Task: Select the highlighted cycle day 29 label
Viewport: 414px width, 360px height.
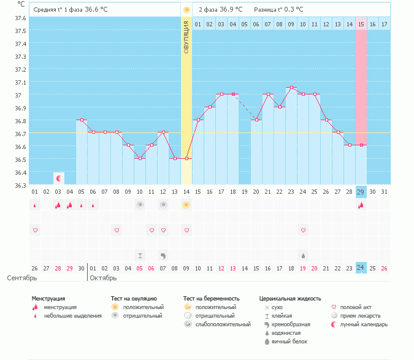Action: [361, 192]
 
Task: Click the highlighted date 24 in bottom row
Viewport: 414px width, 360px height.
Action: [361, 268]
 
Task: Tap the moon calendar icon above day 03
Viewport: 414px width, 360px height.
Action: [59, 178]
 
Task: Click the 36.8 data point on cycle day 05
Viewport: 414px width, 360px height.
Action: [82, 120]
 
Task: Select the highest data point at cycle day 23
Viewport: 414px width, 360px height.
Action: [291, 88]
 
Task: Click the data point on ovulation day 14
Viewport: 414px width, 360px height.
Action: [186, 159]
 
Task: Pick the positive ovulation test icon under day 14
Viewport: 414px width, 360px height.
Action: [186, 205]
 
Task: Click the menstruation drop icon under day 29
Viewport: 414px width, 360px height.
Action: [361, 205]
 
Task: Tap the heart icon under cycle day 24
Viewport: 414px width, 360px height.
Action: [302, 230]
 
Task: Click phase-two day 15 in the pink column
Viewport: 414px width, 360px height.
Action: [361, 24]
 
